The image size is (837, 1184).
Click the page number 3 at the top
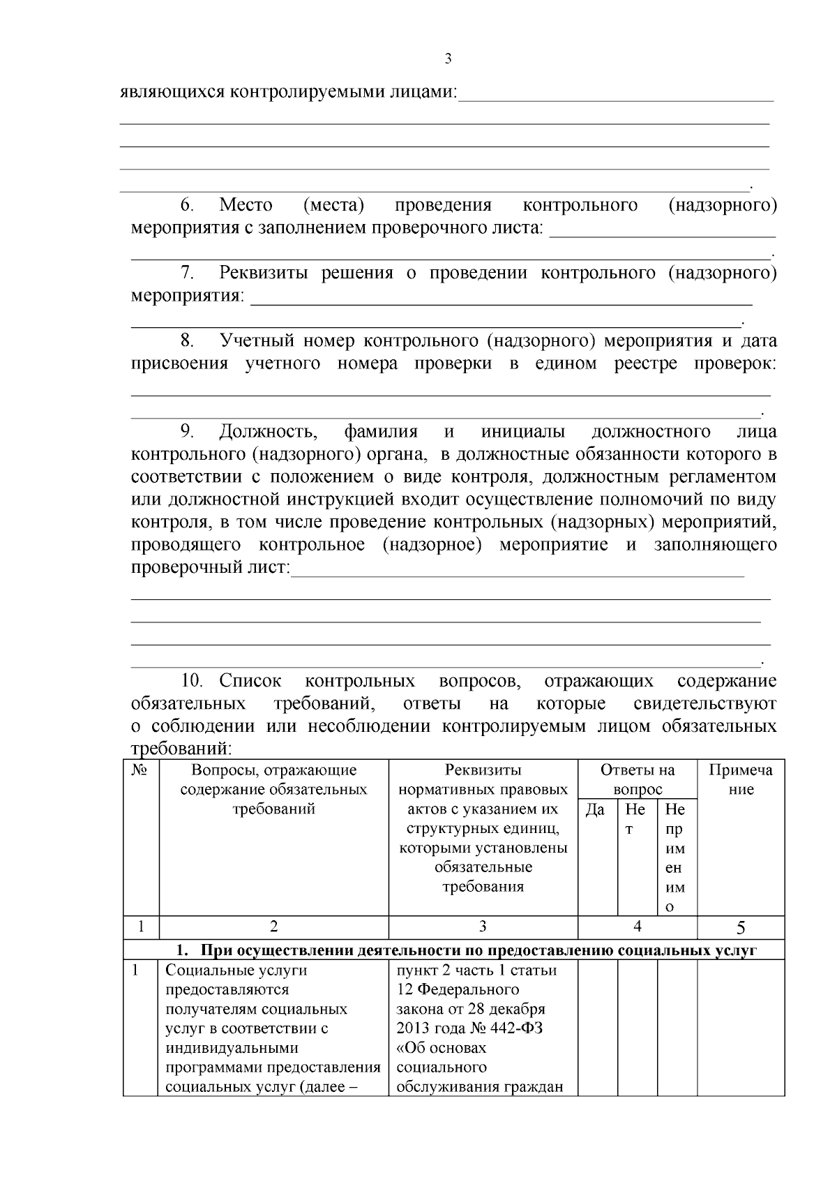point(448,59)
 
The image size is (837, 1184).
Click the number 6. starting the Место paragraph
point(187,205)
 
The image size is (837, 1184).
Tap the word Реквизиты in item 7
point(264,273)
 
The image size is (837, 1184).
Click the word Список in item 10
point(250,680)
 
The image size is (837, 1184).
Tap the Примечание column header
point(741,779)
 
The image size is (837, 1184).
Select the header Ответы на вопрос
point(638,779)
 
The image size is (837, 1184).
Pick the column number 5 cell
point(741,927)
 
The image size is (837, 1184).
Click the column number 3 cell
point(483,927)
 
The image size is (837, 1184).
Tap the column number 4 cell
point(637,927)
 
